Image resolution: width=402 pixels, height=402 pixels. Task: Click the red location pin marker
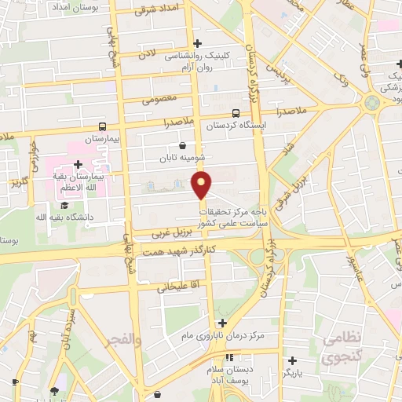point(202,185)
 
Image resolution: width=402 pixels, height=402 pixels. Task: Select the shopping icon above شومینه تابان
point(183,144)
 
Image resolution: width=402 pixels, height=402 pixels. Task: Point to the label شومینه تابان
point(182,157)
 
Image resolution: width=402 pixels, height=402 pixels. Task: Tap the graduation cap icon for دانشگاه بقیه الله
point(64,206)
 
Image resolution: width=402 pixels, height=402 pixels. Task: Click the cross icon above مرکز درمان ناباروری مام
point(224,323)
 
